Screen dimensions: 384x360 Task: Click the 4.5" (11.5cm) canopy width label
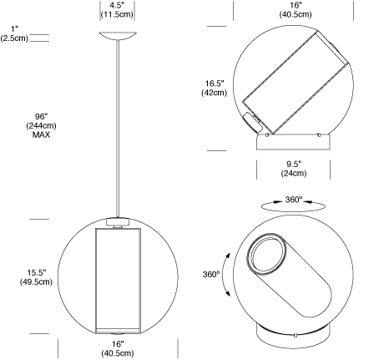pos(117,10)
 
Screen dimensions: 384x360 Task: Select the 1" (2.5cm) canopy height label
pos(14,33)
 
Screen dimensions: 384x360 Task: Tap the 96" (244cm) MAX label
pos(42,125)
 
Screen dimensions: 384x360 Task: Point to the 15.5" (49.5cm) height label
pos(36,277)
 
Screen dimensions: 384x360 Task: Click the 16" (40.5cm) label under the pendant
pos(118,348)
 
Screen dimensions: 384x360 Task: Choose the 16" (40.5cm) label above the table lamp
pos(296,10)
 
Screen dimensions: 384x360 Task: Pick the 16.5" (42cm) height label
pos(215,88)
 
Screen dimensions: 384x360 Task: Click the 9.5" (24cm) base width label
pos(294,169)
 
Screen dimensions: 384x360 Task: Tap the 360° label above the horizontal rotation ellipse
pos(294,200)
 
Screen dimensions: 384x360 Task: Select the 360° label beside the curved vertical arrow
pos(211,274)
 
